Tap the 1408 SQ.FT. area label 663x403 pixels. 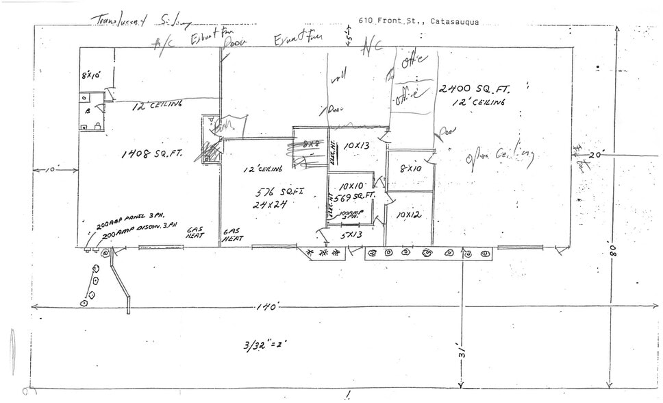(x=152, y=154)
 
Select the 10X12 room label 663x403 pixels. (x=409, y=215)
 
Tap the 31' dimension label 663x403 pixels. (x=462, y=353)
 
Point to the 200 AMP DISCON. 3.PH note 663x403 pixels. (x=140, y=234)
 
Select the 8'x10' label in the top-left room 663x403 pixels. (x=91, y=75)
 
